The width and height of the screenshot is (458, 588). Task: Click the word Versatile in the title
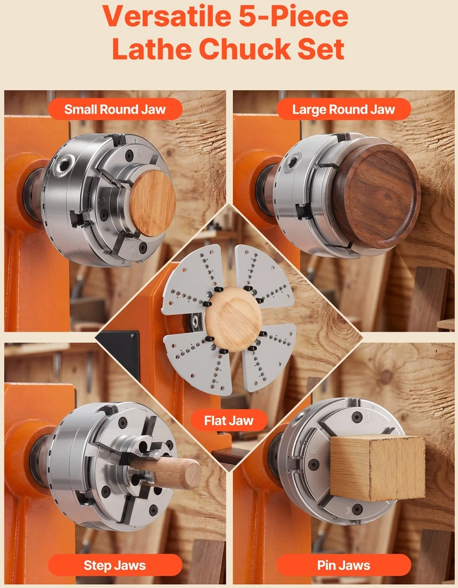(x=167, y=16)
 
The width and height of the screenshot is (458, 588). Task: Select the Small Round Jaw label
(x=115, y=109)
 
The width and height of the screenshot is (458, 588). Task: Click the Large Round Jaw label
(x=344, y=109)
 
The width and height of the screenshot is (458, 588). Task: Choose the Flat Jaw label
(x=229, y=421)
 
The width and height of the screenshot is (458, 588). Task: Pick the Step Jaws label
(x=115, y=565)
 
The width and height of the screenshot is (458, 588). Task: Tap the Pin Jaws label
(x=344, y=565)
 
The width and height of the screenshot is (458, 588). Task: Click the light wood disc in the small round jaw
(x=153, y=203)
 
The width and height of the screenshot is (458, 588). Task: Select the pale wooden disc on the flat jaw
(x=233, y=314)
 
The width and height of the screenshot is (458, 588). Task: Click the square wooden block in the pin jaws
(x=378, y=468)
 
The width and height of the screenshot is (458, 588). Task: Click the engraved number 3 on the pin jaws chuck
(x=348, y=510)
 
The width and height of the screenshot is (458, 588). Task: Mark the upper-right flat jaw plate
(x=262, y=275)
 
